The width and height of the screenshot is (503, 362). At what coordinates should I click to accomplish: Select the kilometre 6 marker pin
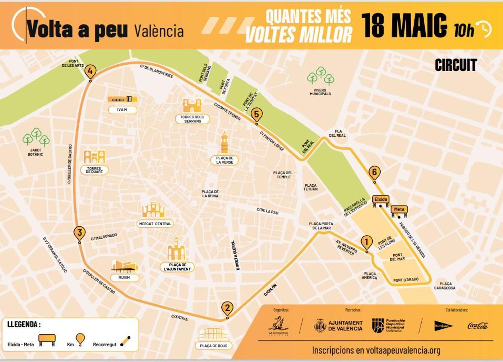pyautogui.click(x=375, y=172)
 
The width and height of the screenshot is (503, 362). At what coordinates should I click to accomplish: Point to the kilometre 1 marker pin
pyautogui.click(x=366, y=242)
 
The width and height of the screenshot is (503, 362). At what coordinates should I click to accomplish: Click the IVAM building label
pyautogui.click(x=122, y=110)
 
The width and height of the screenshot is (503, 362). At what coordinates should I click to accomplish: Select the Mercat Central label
pyautogui.click(x=155, y=224)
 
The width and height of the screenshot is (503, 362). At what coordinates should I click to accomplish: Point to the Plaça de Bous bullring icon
pyautogui.click(x=214, y=334)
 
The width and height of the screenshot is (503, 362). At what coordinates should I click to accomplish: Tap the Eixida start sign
pyautogui.click(x=381, y=200)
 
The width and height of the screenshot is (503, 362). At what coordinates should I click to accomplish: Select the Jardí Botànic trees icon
pyautogui.click(x=36, y=137)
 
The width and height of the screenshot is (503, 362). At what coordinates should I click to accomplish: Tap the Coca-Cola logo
pyautogui.click(x=478, y=326)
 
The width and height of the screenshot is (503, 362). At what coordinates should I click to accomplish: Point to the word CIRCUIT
pyautogui.click(x=456, y=65)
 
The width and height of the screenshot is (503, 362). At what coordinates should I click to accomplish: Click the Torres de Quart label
pyautogui.click(x=94, y=170)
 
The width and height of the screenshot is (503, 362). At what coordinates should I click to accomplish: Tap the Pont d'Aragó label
pyautogui.click(x=406, y=280)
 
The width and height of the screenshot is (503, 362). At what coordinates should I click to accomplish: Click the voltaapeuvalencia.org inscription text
pyautogui.click(x=376, y=350)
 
